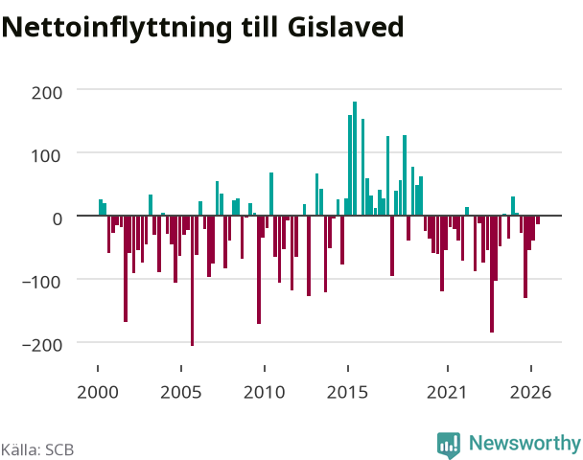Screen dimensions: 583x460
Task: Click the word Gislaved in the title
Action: tap(345, 27)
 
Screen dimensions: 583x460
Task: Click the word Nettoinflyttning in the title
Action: tap(117, 29)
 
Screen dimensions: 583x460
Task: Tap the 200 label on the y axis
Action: tap(46, 93)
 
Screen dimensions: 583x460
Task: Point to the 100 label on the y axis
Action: tap(45, 156)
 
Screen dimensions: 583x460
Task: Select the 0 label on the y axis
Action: tap(58, 218)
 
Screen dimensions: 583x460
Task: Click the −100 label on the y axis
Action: tap(41, 283)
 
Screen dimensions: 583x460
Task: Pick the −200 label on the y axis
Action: tap(42, 345)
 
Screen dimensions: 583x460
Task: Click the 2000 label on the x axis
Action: tap(98, 392)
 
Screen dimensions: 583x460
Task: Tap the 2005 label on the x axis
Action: tap(181, 392)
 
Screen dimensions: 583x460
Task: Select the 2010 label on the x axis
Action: tap(265, 392)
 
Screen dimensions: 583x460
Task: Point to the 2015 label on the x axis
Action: tap(348, 392)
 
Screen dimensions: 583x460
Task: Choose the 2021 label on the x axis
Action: tap(447, 392)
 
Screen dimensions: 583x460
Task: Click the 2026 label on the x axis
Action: tap(530, 392)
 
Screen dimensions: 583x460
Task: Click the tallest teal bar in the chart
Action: tap(355, 158)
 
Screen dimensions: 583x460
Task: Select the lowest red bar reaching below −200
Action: tap(192, 281)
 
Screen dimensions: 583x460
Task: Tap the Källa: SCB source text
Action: tap(37, 449)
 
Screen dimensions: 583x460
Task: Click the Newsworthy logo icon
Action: tap(449, 445)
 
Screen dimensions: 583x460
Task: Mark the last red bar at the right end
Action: tap(538, 219)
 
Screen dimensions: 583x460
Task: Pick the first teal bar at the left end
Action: tap(101, 207)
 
